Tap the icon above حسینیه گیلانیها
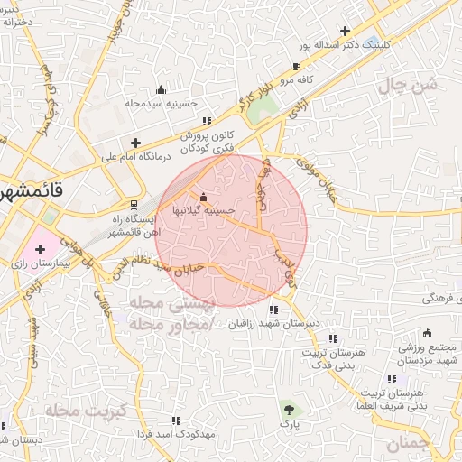(203, 198)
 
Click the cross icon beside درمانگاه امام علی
(135, 143)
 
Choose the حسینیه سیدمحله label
(161, 103)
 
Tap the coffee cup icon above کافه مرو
(296, 66)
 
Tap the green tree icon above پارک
(288, 409)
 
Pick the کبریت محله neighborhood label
(78, 411)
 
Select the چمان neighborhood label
(408, 443)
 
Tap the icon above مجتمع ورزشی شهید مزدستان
(427, 332)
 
